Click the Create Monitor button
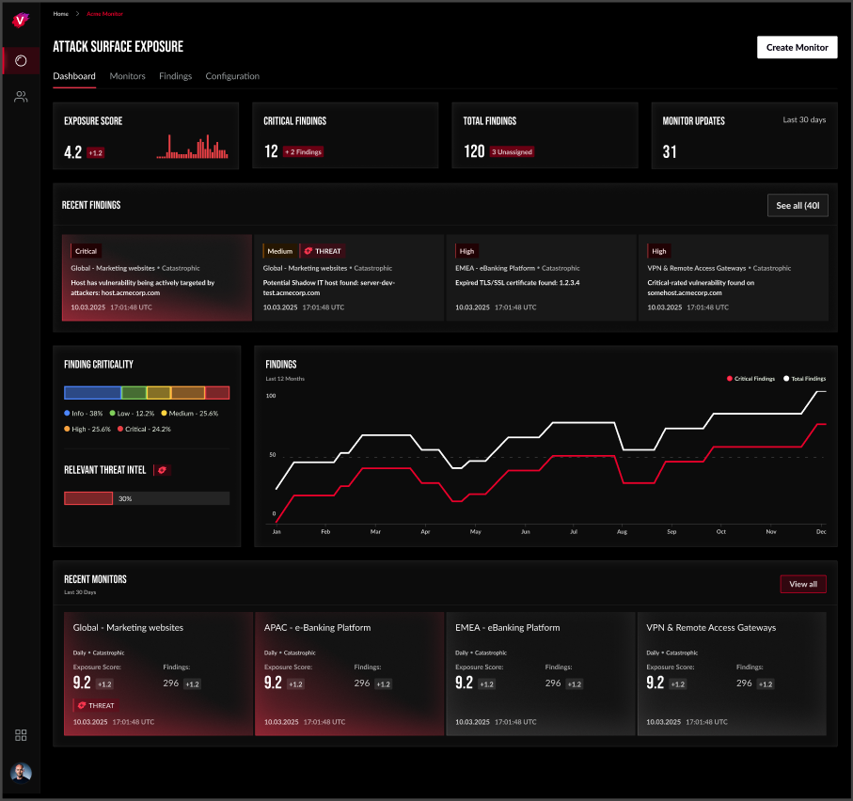pos(797,47)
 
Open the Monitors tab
pos(127,76)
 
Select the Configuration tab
pos(232,76)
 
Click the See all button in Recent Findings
pos(798,206)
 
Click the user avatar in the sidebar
pos(21,772)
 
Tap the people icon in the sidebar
pos(21,97)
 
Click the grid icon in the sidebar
pos(21,735)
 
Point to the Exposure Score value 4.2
pos(73,152)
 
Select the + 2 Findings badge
pos(304,151)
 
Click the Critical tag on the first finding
pos(86,251)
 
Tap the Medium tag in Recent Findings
pos(279,251)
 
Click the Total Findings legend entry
pos(804,379)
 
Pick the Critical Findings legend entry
pos(753,379)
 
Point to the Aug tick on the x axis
pos(622,532)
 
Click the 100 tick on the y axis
pos(271,396)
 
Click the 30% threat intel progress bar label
pos(125,498)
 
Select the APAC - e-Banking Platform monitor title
pos(317,628)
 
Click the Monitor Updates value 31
pos(670,152)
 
